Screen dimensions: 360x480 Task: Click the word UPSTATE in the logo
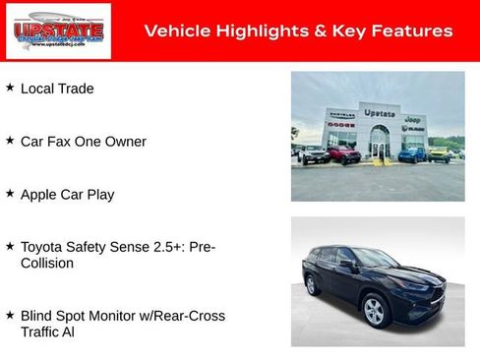44,30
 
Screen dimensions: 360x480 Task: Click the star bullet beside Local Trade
10,88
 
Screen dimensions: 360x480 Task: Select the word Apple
40,195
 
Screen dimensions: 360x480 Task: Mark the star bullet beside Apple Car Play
10,194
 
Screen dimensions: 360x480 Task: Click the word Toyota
44,247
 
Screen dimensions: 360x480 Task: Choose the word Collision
49,264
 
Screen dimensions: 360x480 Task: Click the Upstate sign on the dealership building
380,113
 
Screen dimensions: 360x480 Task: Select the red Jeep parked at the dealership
343,154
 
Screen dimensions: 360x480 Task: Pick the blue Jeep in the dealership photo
413,154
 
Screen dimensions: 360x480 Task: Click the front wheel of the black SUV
373,311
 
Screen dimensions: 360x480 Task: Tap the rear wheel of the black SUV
314,285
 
